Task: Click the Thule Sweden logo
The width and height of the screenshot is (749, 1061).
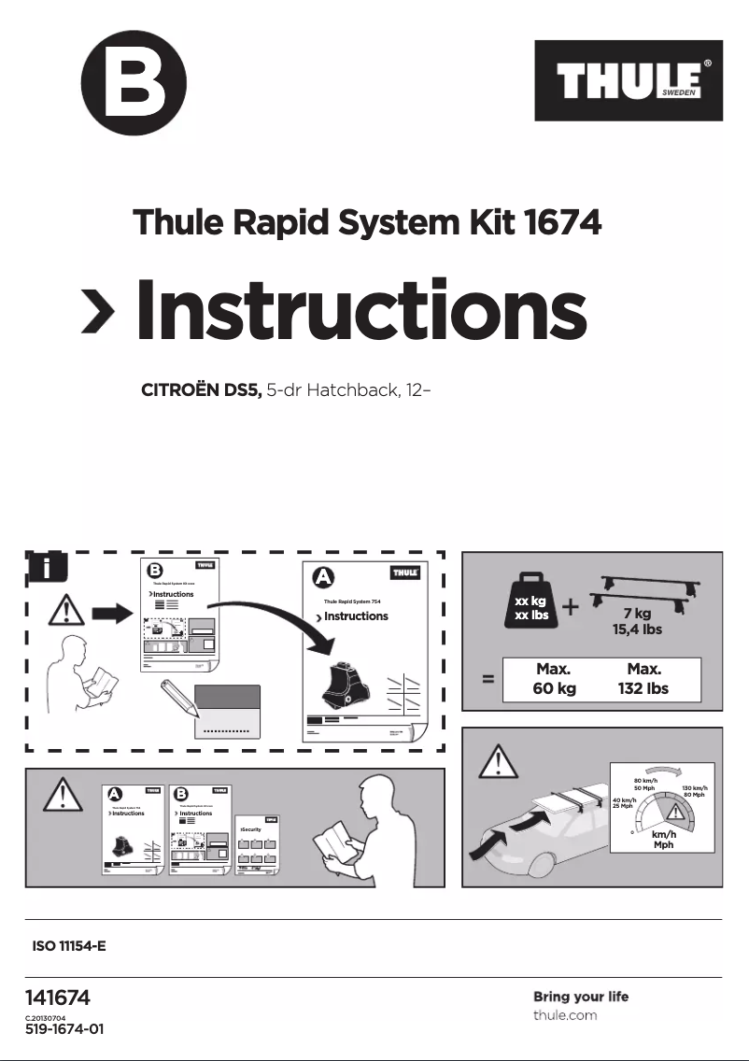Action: tap(628, 80)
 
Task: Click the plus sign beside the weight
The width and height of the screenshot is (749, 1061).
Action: tap(571, 607)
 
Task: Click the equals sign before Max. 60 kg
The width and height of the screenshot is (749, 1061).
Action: tap(488, 680)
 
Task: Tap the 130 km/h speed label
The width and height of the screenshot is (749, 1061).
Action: tap(694, 789)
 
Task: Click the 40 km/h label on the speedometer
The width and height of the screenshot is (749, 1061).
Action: tap(625, 800)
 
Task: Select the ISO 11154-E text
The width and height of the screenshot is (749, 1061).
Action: tap(69, 946)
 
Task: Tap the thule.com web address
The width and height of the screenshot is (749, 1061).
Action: tap(564, 1015)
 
